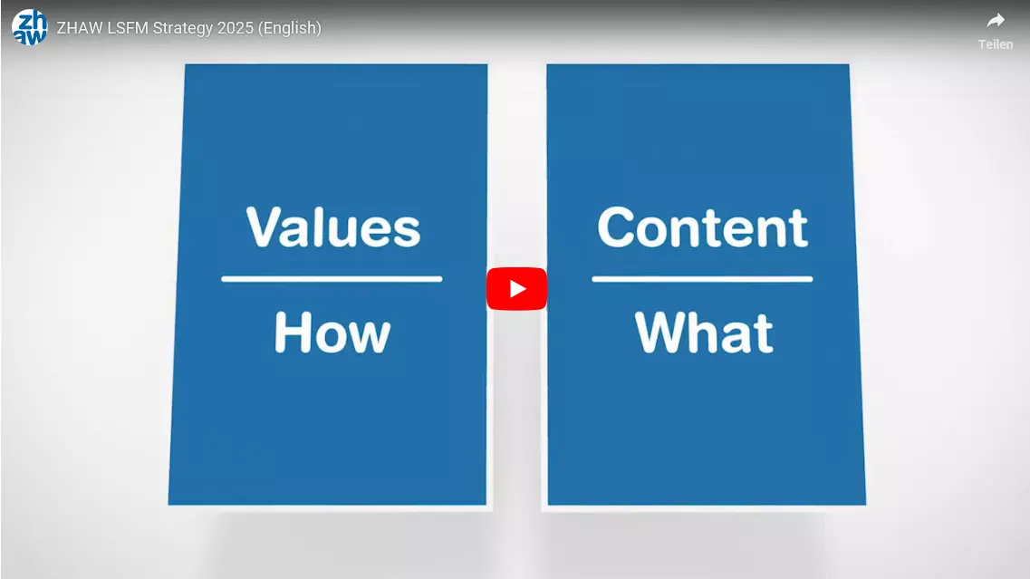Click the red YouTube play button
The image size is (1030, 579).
tap(516, 288)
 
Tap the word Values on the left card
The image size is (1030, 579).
tap(333, 227)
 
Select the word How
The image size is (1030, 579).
tap(332, 333)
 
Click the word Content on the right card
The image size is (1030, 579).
tap(702, 227)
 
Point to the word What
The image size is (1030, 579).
tap(704, 333)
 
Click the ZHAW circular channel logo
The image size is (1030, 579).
tap(30, 27)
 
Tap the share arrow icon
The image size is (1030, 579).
tap(996, 20)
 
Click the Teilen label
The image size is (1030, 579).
tap(996, 44)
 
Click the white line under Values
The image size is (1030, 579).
tap(332, 279)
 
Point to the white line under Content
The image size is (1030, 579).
tap(702, 279)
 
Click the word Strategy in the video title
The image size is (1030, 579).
tap(183, 28)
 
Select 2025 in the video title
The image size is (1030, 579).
tap(236, 27)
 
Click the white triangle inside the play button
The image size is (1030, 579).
tap(517, 288)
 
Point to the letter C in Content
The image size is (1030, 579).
tap(618, 227)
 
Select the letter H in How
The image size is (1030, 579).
tap(291, 333)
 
